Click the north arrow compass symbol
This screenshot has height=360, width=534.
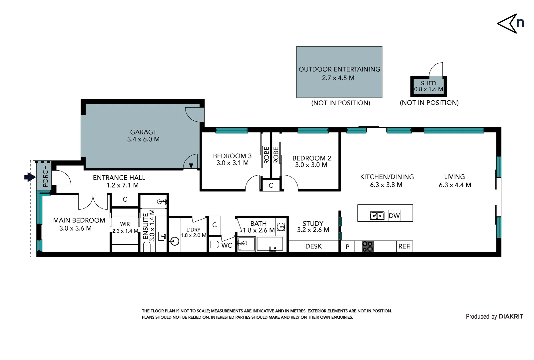[x=507, y=24]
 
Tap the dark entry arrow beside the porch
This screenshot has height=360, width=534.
[x=30, y=177]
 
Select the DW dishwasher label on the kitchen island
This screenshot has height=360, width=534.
[x=394, y=216]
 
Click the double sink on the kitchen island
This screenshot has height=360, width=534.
[x=377, y=216]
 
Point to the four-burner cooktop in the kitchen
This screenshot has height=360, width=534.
[x=367, y=246]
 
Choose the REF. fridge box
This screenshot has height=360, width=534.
[x=404, y=246]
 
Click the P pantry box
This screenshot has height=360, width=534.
[x=347, y=246]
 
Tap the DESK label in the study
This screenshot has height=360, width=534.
[x=313, y=246]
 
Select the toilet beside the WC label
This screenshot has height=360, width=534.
[x=214, y=245]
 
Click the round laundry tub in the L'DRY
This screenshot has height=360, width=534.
[x=175, y=241]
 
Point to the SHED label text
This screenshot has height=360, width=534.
[x=428, y=83]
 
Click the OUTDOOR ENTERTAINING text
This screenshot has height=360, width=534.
[x=339, y=69]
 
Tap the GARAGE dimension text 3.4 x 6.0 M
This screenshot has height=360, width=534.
[x=143, y=139]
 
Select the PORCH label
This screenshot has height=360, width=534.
[x=45, y=176]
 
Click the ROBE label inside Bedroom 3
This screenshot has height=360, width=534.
[x=266, y=155]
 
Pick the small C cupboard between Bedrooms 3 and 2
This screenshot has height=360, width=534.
[x=271, y=185]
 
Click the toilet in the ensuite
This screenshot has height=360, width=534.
[x=147, y=247]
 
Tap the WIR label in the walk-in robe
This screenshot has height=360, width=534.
[x=125, y=224]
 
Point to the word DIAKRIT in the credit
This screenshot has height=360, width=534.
[x=511, y=317]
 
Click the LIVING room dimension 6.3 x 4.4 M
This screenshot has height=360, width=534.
[x=455, y=185]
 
